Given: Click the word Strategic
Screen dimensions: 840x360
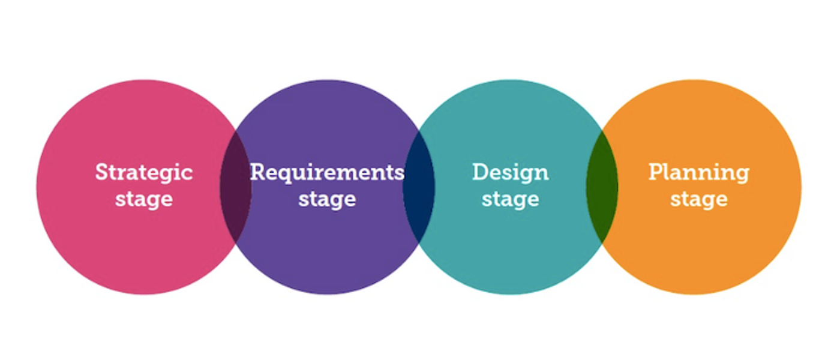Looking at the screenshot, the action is [144, 173].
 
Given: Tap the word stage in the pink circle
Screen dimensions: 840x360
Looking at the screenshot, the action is [144, 199].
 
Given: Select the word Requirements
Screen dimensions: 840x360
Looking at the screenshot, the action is [328, 173].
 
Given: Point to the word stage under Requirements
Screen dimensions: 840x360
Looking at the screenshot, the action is [328, 199].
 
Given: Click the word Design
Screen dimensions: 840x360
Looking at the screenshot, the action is [511, 173].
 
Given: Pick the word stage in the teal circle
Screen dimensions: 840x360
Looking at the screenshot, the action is [511, 199].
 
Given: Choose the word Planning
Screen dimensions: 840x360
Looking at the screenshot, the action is [699, 173].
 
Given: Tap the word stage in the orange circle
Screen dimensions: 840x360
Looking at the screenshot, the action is [699, 199].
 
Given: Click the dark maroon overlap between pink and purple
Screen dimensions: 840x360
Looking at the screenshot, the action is [235, 187].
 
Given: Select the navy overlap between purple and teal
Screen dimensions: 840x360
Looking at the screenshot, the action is [419, 187].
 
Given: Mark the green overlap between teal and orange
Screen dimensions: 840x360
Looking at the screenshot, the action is [602, 187].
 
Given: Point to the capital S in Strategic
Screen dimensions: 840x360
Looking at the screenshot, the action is [103, 172].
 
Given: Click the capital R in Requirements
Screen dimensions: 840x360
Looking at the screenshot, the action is [258, 172].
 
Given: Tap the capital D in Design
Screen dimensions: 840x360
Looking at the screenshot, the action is [481, 172].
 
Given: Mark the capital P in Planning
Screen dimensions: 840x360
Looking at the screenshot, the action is [656, 172].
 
